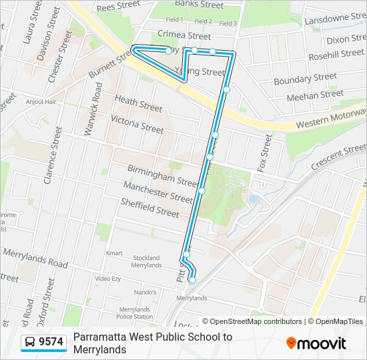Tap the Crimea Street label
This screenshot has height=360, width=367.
[184, 35]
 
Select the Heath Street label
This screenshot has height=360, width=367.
[138, 103]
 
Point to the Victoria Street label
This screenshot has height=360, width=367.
[137, 124]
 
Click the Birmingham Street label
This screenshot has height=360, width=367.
[162, 176]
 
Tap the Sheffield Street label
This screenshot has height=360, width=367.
[149, 207]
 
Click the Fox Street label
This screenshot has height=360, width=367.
[266, 153]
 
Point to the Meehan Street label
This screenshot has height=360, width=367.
[315, 95]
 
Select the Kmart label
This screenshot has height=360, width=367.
[115, 253]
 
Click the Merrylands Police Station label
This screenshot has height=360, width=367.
[135, 313]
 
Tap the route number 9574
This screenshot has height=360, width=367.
[51, 342]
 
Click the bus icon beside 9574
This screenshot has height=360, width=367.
[31, 342]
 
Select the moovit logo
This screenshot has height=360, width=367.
[316, 343]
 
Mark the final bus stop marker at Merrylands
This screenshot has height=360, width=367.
[192, 281]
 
